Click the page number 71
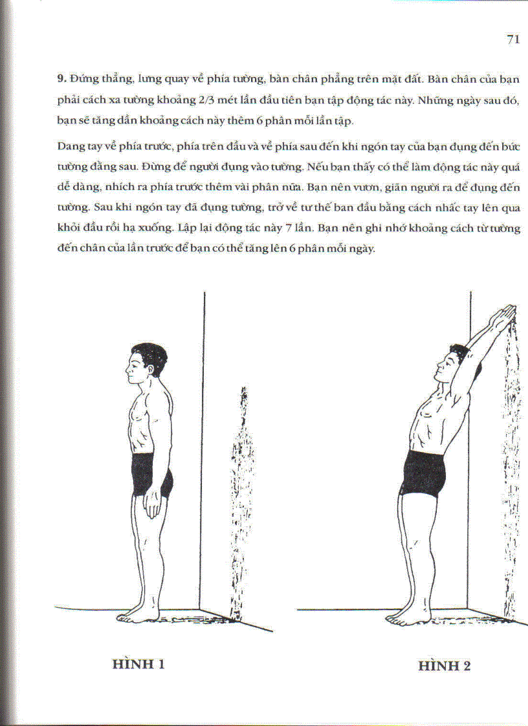click(x=513, y=39)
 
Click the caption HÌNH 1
click(x=138, y=664)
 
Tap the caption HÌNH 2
click(x=444, y=666)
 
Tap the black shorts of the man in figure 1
click(x=151, y=475)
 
